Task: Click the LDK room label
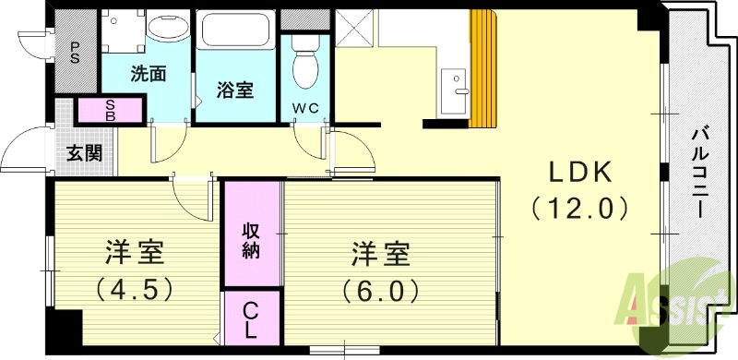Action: pyautogui.click(x=581, y=173)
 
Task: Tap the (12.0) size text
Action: pyautogui.click(x=581, y=208)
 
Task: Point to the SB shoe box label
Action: pyautogui.click(x=110, y=111)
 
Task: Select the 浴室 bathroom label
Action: pyautogui.click(x=235, y=90)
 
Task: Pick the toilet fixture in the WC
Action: pyautogui.click(x=301, y=64)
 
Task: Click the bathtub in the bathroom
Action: pyautogui.click(x=234, y=38)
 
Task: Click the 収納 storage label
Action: pyautogui.click(x=251, y=241)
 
